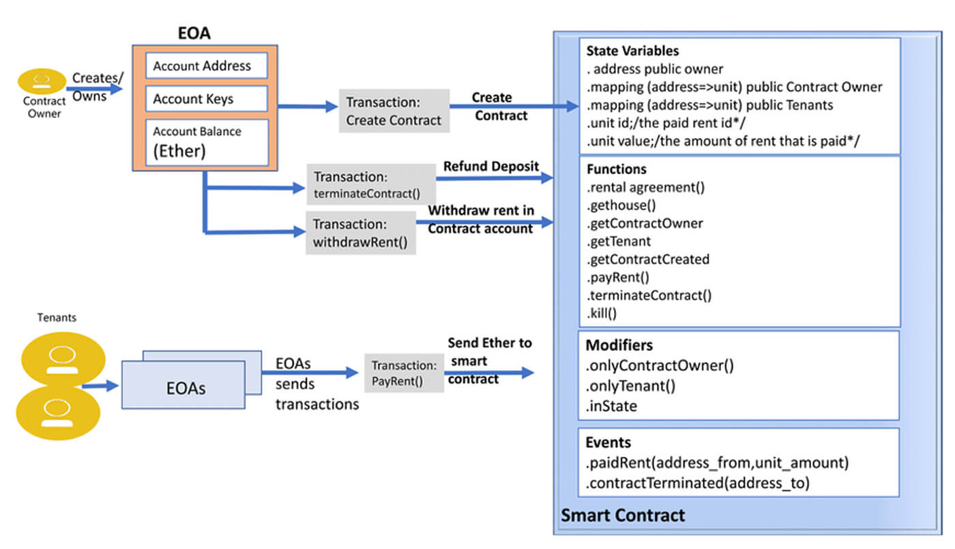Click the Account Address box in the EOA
click(207, 66)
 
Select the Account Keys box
click(207, 99)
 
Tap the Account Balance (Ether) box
click(207, 142)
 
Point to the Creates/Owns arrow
click(94, 89)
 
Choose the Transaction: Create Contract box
click(394, 111)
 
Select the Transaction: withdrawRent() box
click(361, 233)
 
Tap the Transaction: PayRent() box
click(404, 373)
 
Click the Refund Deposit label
click(491, 166)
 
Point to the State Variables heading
click(632, 51)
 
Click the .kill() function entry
click(602, 313)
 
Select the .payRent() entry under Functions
click(618, 277)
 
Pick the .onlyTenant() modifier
click(630, 386)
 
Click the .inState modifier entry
click(611, 406)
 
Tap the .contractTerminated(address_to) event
click(697, 483)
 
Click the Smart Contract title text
click(623, 515)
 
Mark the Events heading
click(608, 442)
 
